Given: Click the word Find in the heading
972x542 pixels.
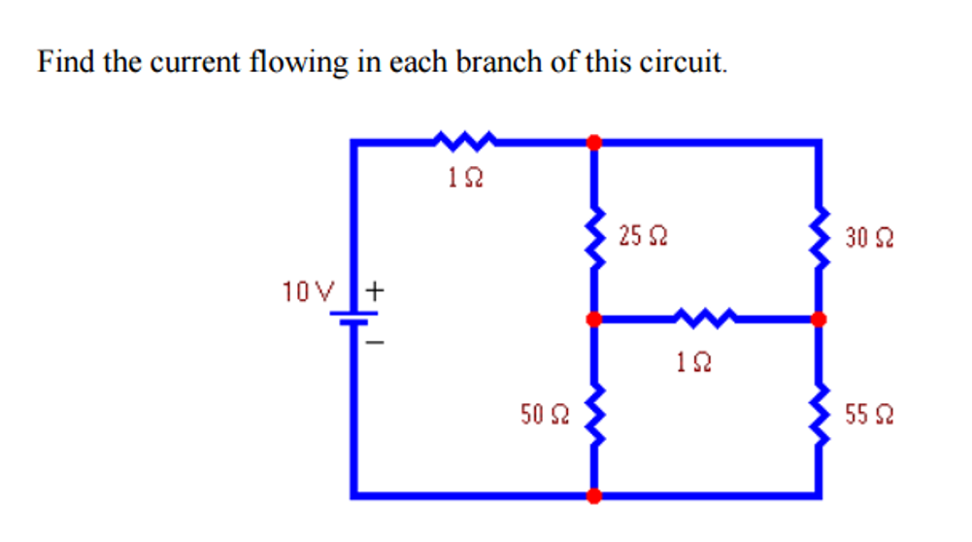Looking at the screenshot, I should coord(63,63).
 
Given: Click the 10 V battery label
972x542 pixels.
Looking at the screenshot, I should coord(308,289).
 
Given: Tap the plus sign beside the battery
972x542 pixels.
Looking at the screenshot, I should coord(376,289).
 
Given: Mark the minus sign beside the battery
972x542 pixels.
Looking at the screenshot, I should coord(376,343).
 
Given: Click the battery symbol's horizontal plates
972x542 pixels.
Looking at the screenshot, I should coord(356,319).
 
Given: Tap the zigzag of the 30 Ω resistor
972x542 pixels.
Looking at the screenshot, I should coord(821,239).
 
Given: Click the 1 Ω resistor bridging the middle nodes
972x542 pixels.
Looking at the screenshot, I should coord(706,318).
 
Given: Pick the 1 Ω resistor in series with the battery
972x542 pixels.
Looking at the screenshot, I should coord(465,142).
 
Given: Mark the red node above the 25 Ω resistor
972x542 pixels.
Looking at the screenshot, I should coord(594,142).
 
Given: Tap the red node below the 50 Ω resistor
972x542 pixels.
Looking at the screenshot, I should coord(594,495).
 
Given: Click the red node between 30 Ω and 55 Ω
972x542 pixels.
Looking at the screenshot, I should coord(820,319).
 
